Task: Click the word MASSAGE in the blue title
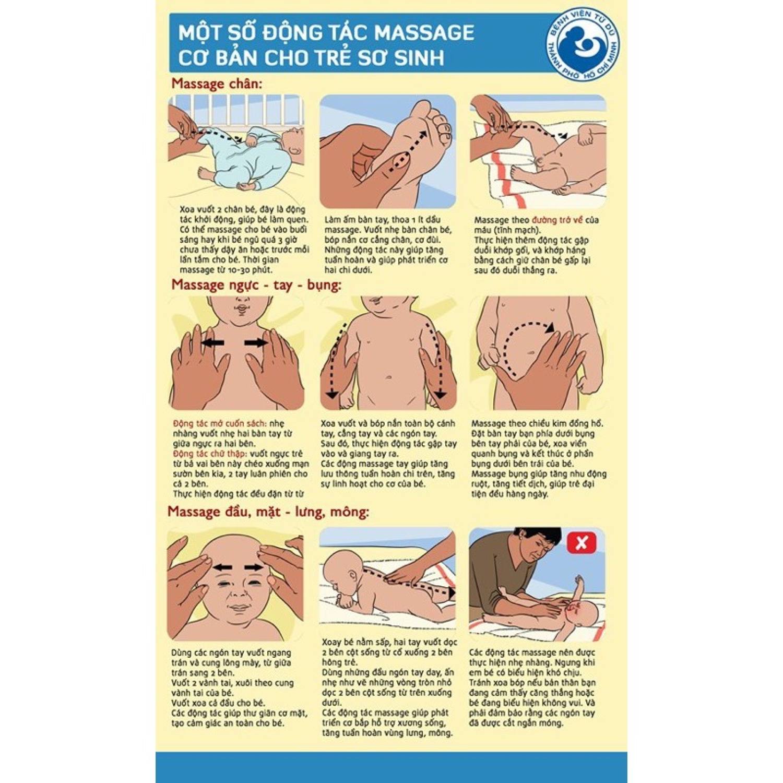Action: [x=424, y=33]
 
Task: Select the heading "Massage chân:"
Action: [x=217, y=84]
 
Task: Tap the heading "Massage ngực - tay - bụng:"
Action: [x=256, y=285]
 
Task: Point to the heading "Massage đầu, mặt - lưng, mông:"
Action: [x=268, y=512]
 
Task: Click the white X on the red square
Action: [x=582, y=543]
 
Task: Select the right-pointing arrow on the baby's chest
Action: [x=256, y=343]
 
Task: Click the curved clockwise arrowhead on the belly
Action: [x=550, y=327]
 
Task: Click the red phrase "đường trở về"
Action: [x=557, y=220]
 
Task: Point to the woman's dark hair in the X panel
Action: [x=538, y=538]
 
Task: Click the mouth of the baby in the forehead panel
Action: [x=240, y=609]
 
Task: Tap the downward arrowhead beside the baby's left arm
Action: [x=440, y=394]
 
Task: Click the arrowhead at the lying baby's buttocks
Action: [x=451, y=592]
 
